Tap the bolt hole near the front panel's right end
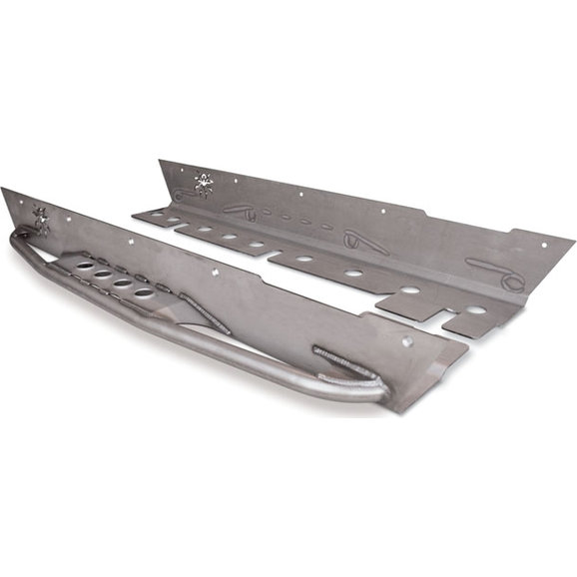coord(406,341)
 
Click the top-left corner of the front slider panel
coord(3,189)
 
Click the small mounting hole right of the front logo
coord(130,240)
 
